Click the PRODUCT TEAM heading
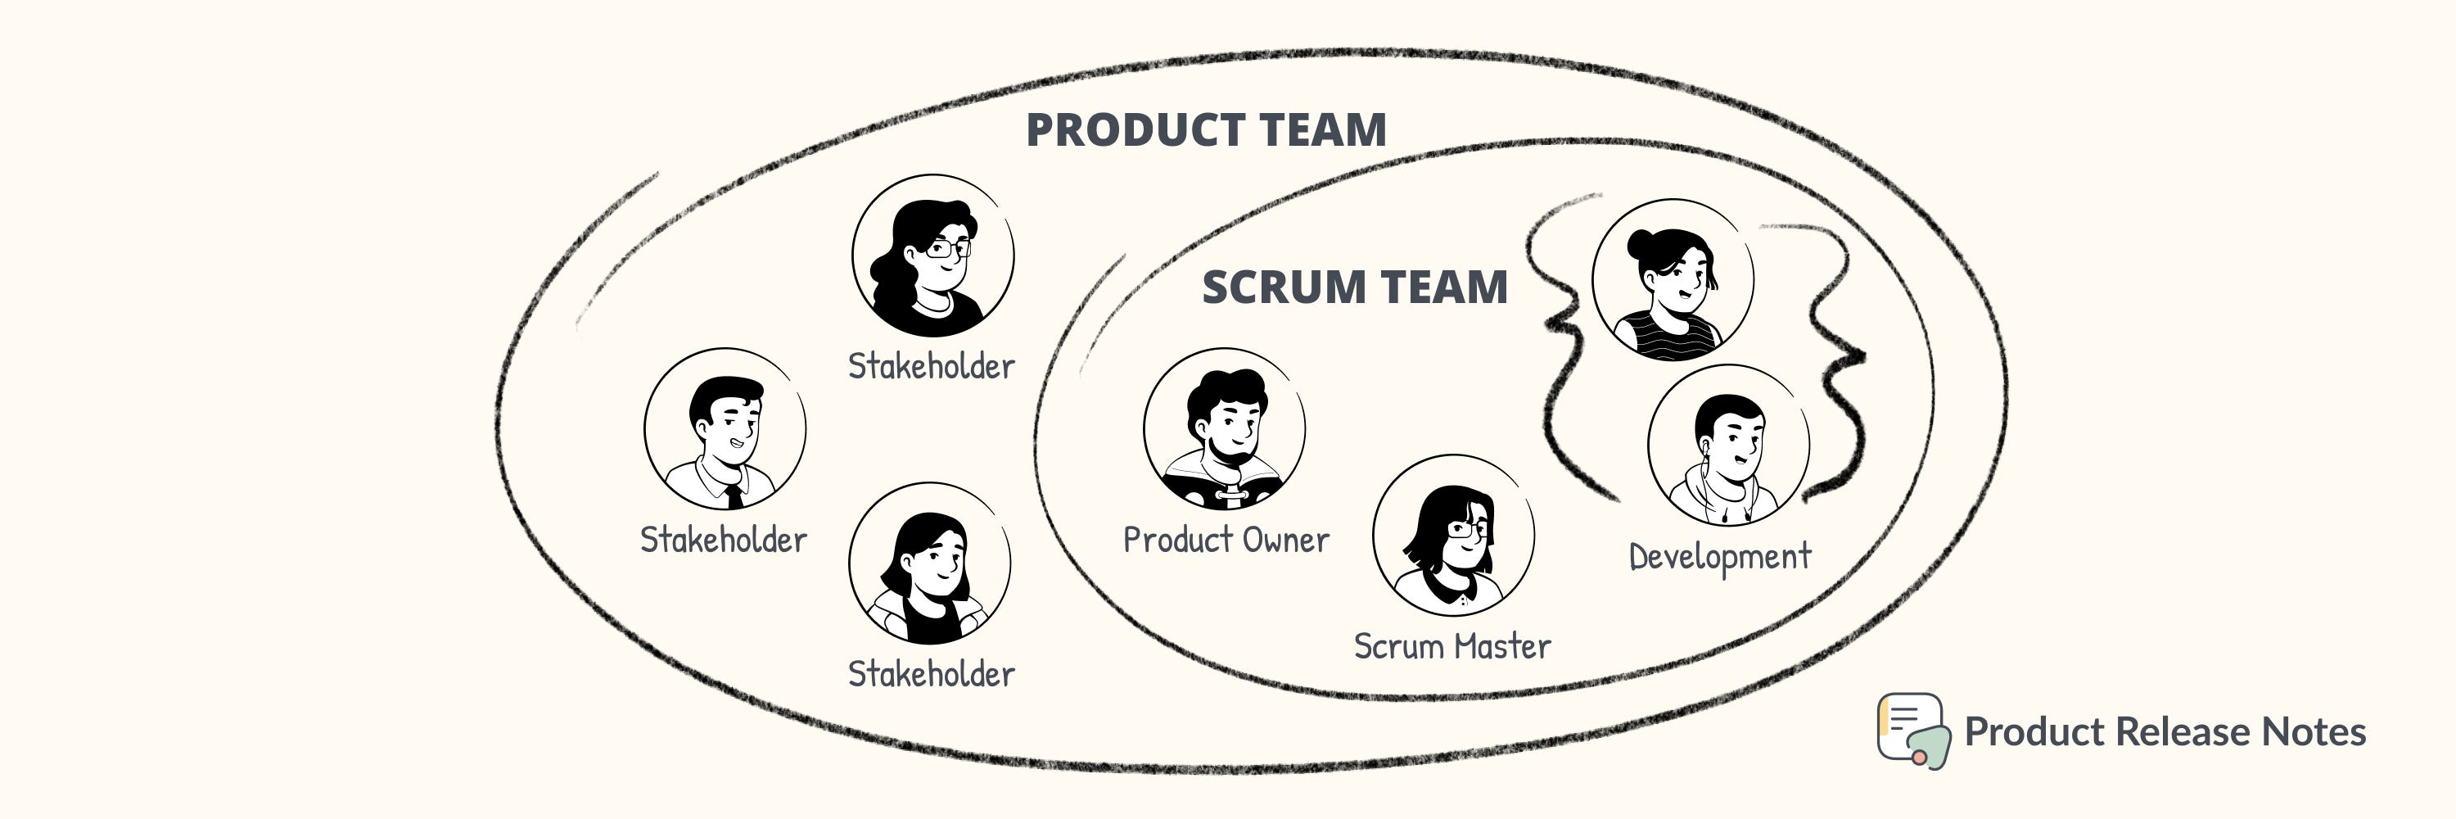1206,130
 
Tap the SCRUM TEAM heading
1355,287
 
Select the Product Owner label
1226,540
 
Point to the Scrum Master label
1452,646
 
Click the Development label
1720,557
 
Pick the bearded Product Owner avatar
1224,429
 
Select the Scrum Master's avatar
1453,535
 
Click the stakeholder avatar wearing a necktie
725,429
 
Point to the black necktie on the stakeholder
734,495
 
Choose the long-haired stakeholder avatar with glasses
932,256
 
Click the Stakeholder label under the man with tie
724,540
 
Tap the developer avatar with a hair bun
1673,279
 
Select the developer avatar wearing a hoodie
1727,446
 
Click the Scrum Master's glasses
1468,528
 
